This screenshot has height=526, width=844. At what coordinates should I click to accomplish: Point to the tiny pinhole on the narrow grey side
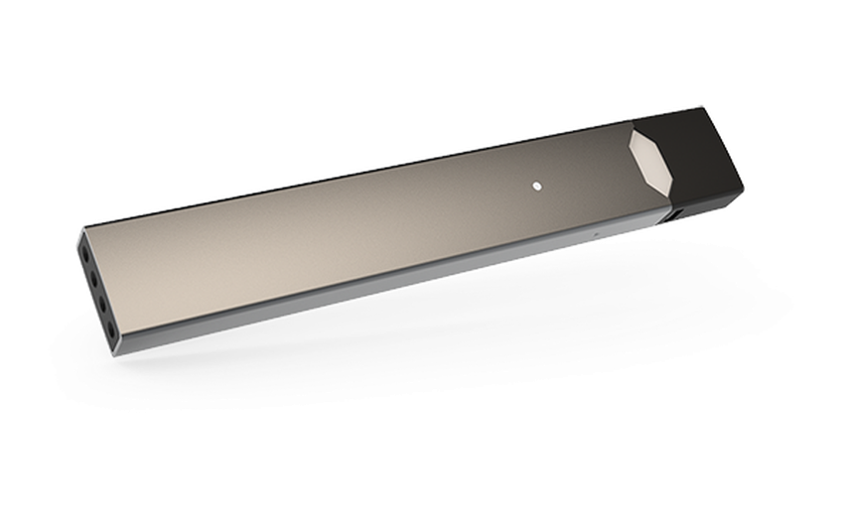coord(595,234)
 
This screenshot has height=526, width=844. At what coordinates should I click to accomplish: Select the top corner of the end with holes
coord(80,230)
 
